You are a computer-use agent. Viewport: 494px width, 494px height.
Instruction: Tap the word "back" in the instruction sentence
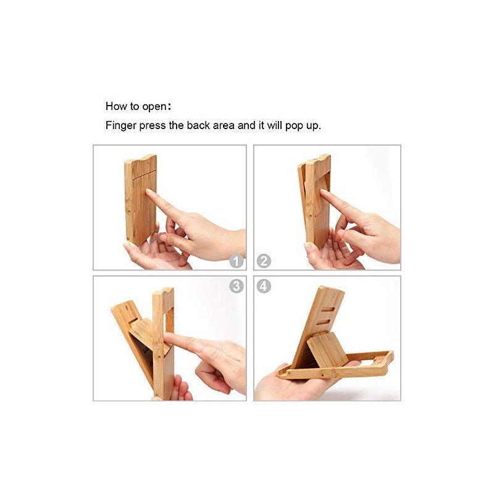[197, 125]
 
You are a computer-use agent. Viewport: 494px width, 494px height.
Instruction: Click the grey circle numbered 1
[237, 261]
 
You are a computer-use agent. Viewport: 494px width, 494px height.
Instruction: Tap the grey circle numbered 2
[264, 261]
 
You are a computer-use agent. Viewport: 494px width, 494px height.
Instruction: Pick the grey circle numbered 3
[237, 286]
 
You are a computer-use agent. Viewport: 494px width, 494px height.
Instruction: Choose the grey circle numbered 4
[264, 286]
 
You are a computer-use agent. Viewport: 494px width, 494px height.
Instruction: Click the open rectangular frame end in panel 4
[375, 363]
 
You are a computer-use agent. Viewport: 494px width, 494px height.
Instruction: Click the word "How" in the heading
[115, 106]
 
